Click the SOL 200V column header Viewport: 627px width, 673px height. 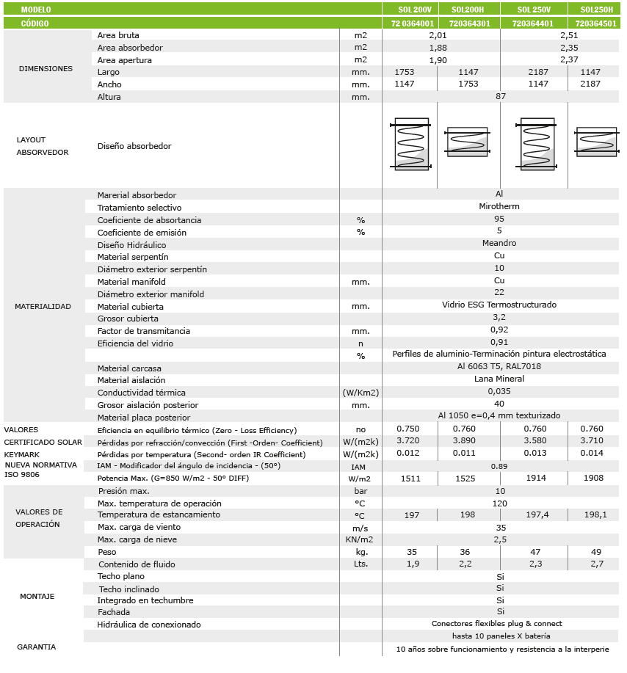410,10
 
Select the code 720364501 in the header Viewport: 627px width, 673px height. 595,23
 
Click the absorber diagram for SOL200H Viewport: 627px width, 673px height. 467,142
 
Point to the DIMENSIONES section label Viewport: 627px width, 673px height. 46,68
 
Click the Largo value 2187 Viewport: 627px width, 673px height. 538,72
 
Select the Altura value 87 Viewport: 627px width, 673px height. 501,96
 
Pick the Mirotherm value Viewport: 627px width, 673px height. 499,206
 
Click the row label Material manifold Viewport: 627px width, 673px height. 131,281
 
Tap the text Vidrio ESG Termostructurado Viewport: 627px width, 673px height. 499,305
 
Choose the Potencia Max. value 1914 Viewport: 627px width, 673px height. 538,478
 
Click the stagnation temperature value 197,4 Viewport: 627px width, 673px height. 538,515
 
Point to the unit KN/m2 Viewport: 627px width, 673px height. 360,539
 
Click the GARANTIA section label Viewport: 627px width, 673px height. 37,647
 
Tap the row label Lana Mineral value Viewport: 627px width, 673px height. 499,379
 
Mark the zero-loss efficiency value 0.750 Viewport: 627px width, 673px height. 408,428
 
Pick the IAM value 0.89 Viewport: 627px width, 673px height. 499,465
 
